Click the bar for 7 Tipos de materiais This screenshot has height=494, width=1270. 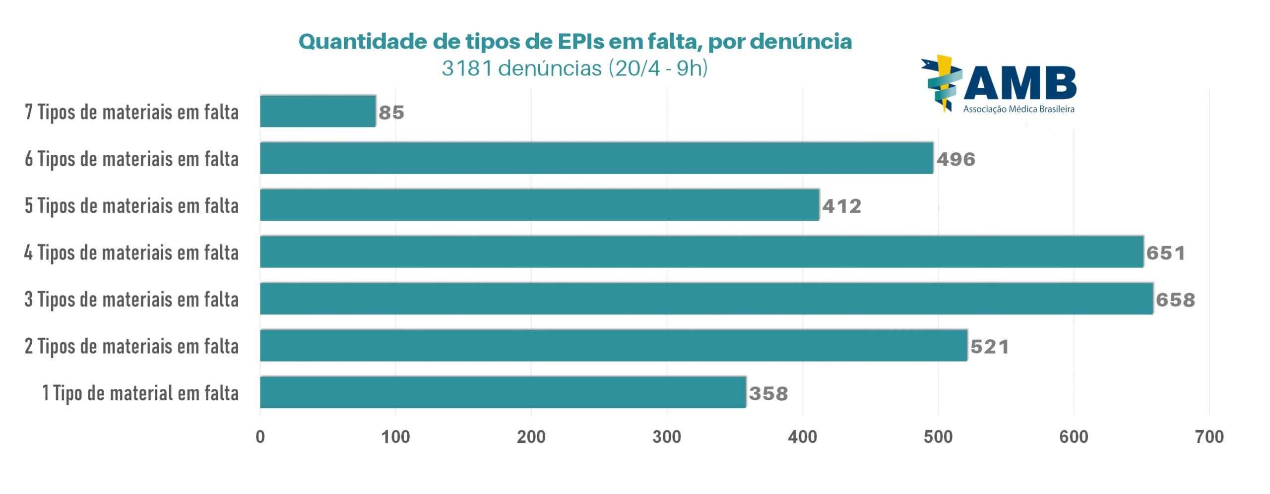[317, 111]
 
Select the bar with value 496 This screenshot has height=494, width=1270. [595, 158]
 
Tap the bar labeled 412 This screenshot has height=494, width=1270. [539, 205]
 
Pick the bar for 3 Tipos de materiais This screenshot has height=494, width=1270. [705, 299]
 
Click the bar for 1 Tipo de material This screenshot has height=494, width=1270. [502, 392]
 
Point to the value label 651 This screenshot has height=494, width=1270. [1165, 253]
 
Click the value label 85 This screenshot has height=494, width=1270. [391, 113]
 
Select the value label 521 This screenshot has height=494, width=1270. [989, 347]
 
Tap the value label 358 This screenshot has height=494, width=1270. [768, 394]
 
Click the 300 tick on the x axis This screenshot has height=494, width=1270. [666, 436]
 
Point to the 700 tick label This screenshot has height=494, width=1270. [1209, 436]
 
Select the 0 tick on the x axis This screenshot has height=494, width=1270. [260, 436]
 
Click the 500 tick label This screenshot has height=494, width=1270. [938, 436]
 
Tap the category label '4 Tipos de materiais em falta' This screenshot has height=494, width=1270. [131, 252]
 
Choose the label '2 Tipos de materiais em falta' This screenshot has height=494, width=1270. [131, 346]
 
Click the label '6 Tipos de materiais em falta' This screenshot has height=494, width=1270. [131, 159]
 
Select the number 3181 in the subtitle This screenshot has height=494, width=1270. [466, 68]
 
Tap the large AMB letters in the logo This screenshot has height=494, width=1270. [1019, 83]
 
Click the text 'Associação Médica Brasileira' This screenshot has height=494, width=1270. [1018, 109]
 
